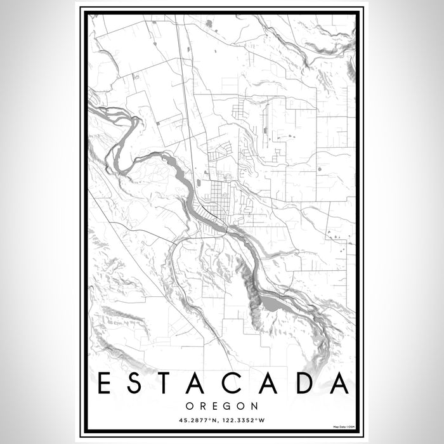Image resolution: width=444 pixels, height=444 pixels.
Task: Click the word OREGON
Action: coord(221,405)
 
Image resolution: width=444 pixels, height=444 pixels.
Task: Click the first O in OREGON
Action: coord(190,405)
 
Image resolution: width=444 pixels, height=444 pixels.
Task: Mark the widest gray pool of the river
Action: coord(273,306)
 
